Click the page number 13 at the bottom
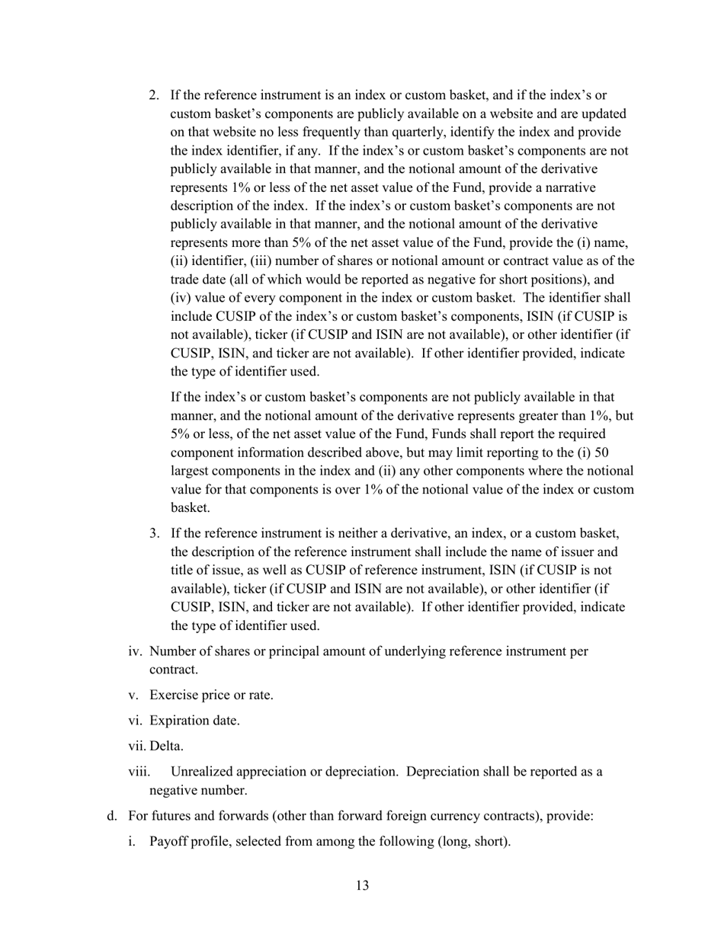click(x=362, y=885)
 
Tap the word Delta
click(x=167, y=746)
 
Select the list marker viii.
click(x=139, y=771)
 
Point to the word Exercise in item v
click(x=173, y=695)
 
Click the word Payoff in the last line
click(x=171, y=842)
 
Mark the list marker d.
click(x=112, y=817)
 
